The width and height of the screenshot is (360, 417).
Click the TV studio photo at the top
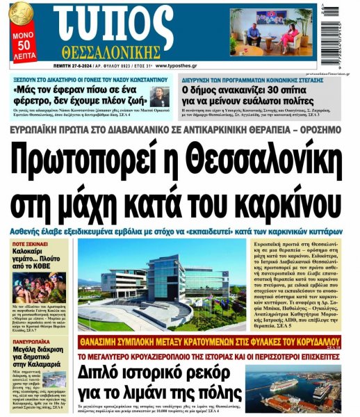coord(267,31)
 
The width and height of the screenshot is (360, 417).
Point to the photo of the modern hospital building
coord(163,285)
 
